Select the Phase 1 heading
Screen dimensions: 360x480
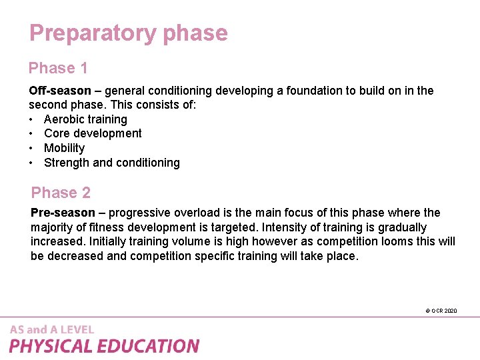click(58, 68)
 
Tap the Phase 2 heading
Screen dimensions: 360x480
click(61, 193)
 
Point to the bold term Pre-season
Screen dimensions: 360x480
click(63, 213)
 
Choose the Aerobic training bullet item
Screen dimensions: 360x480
click(85, 119)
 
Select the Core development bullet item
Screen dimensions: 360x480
click(93, 133)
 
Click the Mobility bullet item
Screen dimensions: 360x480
click(64, 148)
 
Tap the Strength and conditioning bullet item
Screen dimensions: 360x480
click(112, 163)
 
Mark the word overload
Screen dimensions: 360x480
click(195, 213)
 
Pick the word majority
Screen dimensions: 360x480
click(53, 227)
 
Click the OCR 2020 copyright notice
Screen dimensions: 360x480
click(441, 311)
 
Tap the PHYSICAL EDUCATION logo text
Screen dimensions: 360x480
click(104, 346)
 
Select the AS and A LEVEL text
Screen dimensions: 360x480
click(52, 329)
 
